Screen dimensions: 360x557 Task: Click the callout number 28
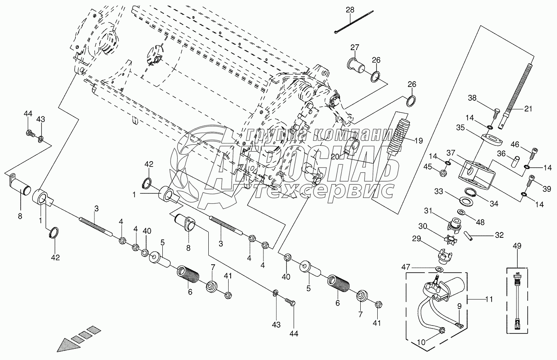click(350, 10)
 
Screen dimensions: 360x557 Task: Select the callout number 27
click(355, 47)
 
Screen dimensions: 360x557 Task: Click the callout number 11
click(489, 299)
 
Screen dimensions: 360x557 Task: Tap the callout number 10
click(420, 343)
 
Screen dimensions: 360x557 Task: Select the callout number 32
click(499, 235)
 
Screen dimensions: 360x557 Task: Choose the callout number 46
click(514, 144)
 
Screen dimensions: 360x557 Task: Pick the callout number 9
click(459, 307)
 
